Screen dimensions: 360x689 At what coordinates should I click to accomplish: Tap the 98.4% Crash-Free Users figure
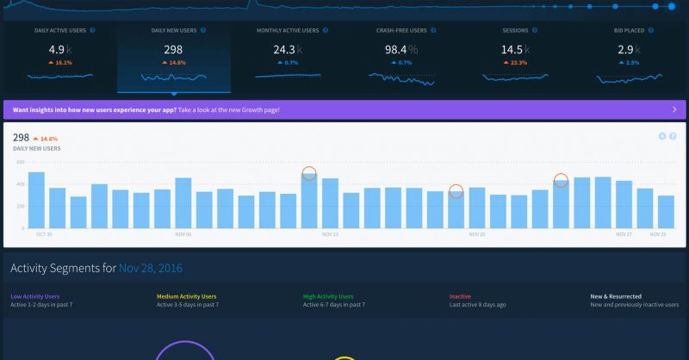click(x=400, y=50)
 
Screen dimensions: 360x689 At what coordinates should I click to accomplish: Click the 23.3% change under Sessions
click(x=518, y=63)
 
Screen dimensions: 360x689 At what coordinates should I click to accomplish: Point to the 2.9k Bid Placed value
click(x=630, y=50)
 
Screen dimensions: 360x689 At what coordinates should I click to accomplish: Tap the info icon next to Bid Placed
click(x=652, y=30)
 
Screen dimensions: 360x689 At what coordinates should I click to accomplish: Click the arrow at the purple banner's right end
click(x=673, y=110)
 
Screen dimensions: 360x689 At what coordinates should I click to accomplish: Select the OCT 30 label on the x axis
click(x=44, y=233)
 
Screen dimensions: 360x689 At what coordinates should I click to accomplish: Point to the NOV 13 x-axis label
click(x=331, y=233)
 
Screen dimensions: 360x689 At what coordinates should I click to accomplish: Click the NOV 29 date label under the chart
click(x=658, y=233)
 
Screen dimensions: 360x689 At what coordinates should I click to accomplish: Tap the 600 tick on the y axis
click(x=20, y=162)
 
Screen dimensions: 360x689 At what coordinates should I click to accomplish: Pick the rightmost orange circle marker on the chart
click(x=561, y=180)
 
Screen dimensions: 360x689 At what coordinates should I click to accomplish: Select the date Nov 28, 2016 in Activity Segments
click(x=151, y=268)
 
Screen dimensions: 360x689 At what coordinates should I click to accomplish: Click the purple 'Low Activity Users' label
click(x=34, y=296)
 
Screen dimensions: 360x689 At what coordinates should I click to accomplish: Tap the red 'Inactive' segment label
click(x=460, y=296)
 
